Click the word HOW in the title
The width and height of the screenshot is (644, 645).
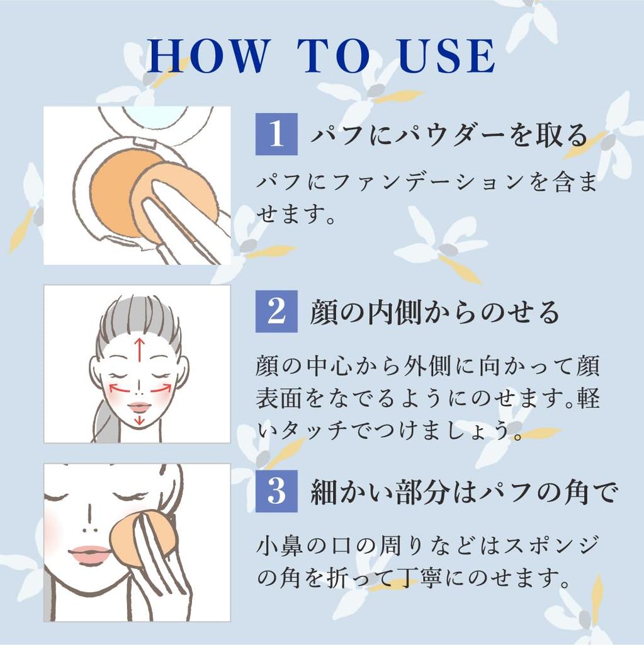tap(208, 55)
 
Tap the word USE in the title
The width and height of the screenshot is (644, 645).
tap(447, 56)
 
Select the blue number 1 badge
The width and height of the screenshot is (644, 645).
tap(276, 134)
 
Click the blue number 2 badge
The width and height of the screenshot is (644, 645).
tap(276, 311)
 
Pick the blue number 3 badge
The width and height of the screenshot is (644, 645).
tap(276, 491)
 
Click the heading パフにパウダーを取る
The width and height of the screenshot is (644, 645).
tap(449, 135)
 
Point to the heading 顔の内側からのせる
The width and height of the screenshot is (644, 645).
tap(435, 312)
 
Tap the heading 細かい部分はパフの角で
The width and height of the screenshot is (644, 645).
tap(465, 491)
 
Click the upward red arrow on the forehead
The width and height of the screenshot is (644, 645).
tap(140, 349)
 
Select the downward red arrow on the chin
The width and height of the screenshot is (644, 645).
tap(140, 419)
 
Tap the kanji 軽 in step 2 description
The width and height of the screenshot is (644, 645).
tap(588, 398)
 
